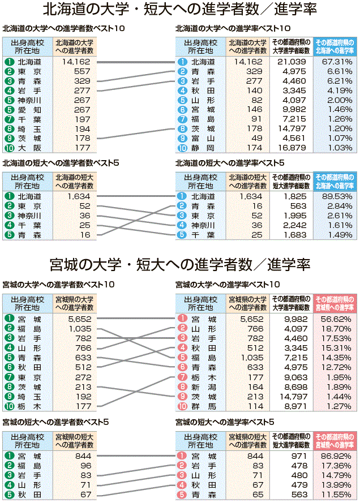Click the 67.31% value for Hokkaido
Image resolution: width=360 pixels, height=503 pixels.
tap(336, 62)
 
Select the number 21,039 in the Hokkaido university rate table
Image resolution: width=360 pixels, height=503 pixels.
tap(292, 62)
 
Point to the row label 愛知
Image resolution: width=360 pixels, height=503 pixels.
tap(29, 110)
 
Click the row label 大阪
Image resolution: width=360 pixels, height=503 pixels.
tap(29, 148)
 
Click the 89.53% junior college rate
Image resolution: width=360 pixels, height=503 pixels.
tap(336, 196)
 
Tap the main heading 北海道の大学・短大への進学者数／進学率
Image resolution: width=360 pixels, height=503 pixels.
tap(179, 10)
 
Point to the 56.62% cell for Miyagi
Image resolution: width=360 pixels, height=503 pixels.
tap(336, 319)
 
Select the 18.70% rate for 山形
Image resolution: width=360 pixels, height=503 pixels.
tap(336, 329)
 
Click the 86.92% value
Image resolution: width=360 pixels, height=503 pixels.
tap(336, 456)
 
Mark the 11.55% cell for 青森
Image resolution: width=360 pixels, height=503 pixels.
tap(336, 495)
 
